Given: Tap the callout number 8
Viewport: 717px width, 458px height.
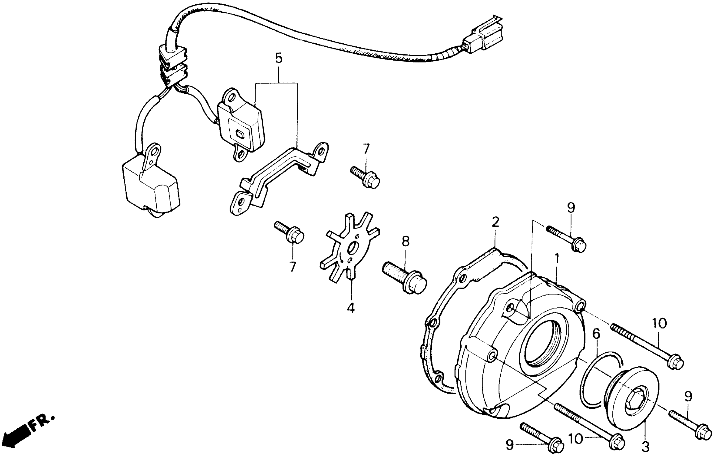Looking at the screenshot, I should (406, 241).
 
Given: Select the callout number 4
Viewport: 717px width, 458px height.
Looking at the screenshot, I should (351, 308).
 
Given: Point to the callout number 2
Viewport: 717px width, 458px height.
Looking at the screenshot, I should (495, 222).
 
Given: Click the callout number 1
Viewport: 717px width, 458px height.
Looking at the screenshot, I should (556, 259).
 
